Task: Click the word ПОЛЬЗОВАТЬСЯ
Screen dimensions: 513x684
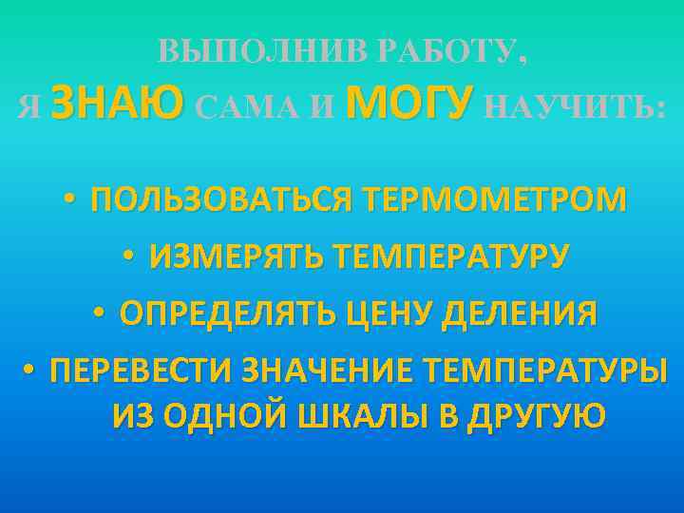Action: (220, 200)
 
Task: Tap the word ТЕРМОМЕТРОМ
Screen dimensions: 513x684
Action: (492, 200)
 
